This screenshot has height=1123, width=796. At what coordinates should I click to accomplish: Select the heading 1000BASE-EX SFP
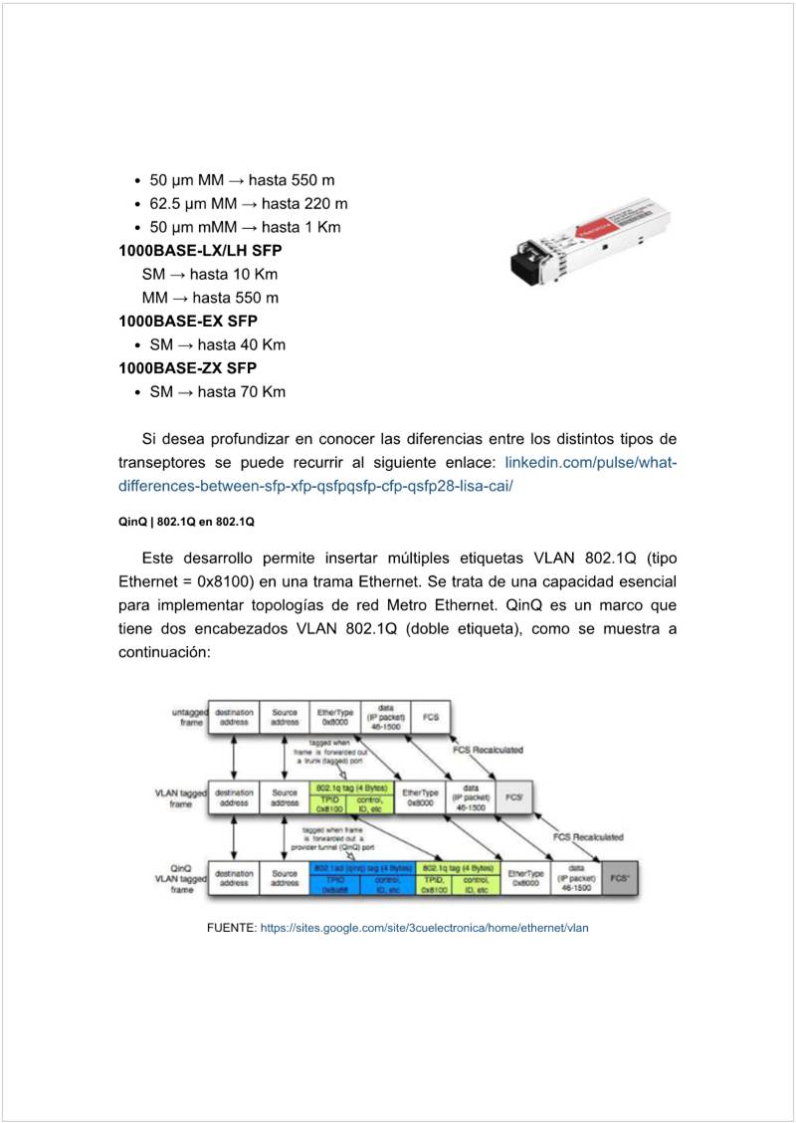click(x=188, y=321)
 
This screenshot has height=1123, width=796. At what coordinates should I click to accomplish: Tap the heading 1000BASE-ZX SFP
click(x=188, y=368)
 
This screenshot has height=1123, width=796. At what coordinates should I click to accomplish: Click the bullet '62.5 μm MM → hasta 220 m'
click(x=248, y=204)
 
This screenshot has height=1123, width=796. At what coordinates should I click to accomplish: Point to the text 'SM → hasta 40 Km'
click(x=217, y=344)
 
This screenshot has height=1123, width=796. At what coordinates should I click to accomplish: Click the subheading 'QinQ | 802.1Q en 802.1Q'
click(x=187, y=521)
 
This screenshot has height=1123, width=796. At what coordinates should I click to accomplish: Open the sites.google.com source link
click(x=425, y=928)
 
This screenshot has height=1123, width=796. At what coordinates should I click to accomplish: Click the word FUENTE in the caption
click(x=231, y=928)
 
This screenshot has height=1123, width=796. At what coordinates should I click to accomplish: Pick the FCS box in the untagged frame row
click(x=430, y=716)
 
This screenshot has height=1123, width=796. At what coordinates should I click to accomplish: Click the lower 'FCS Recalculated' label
click(x=588, y=837)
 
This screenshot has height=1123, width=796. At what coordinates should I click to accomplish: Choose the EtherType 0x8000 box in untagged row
click(x=334, y=716)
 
